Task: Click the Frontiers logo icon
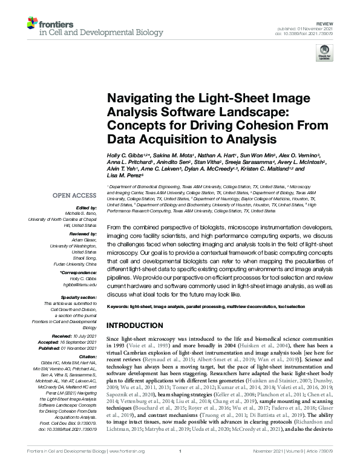tap(34, 23)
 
